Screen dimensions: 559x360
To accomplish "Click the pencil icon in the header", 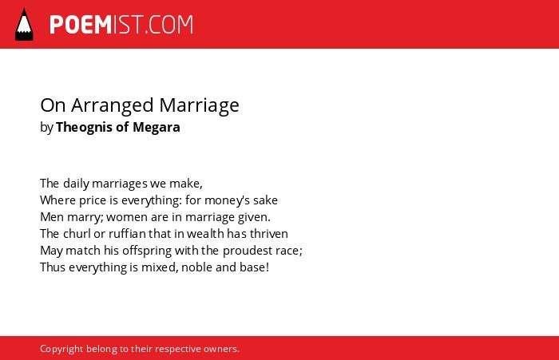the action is point(24,25).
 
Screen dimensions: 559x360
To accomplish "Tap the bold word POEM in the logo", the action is point(81,25).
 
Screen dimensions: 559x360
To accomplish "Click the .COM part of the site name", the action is point(169,25).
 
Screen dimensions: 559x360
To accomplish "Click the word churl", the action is point(77,234).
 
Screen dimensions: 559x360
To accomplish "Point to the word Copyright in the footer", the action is point(61,349).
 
